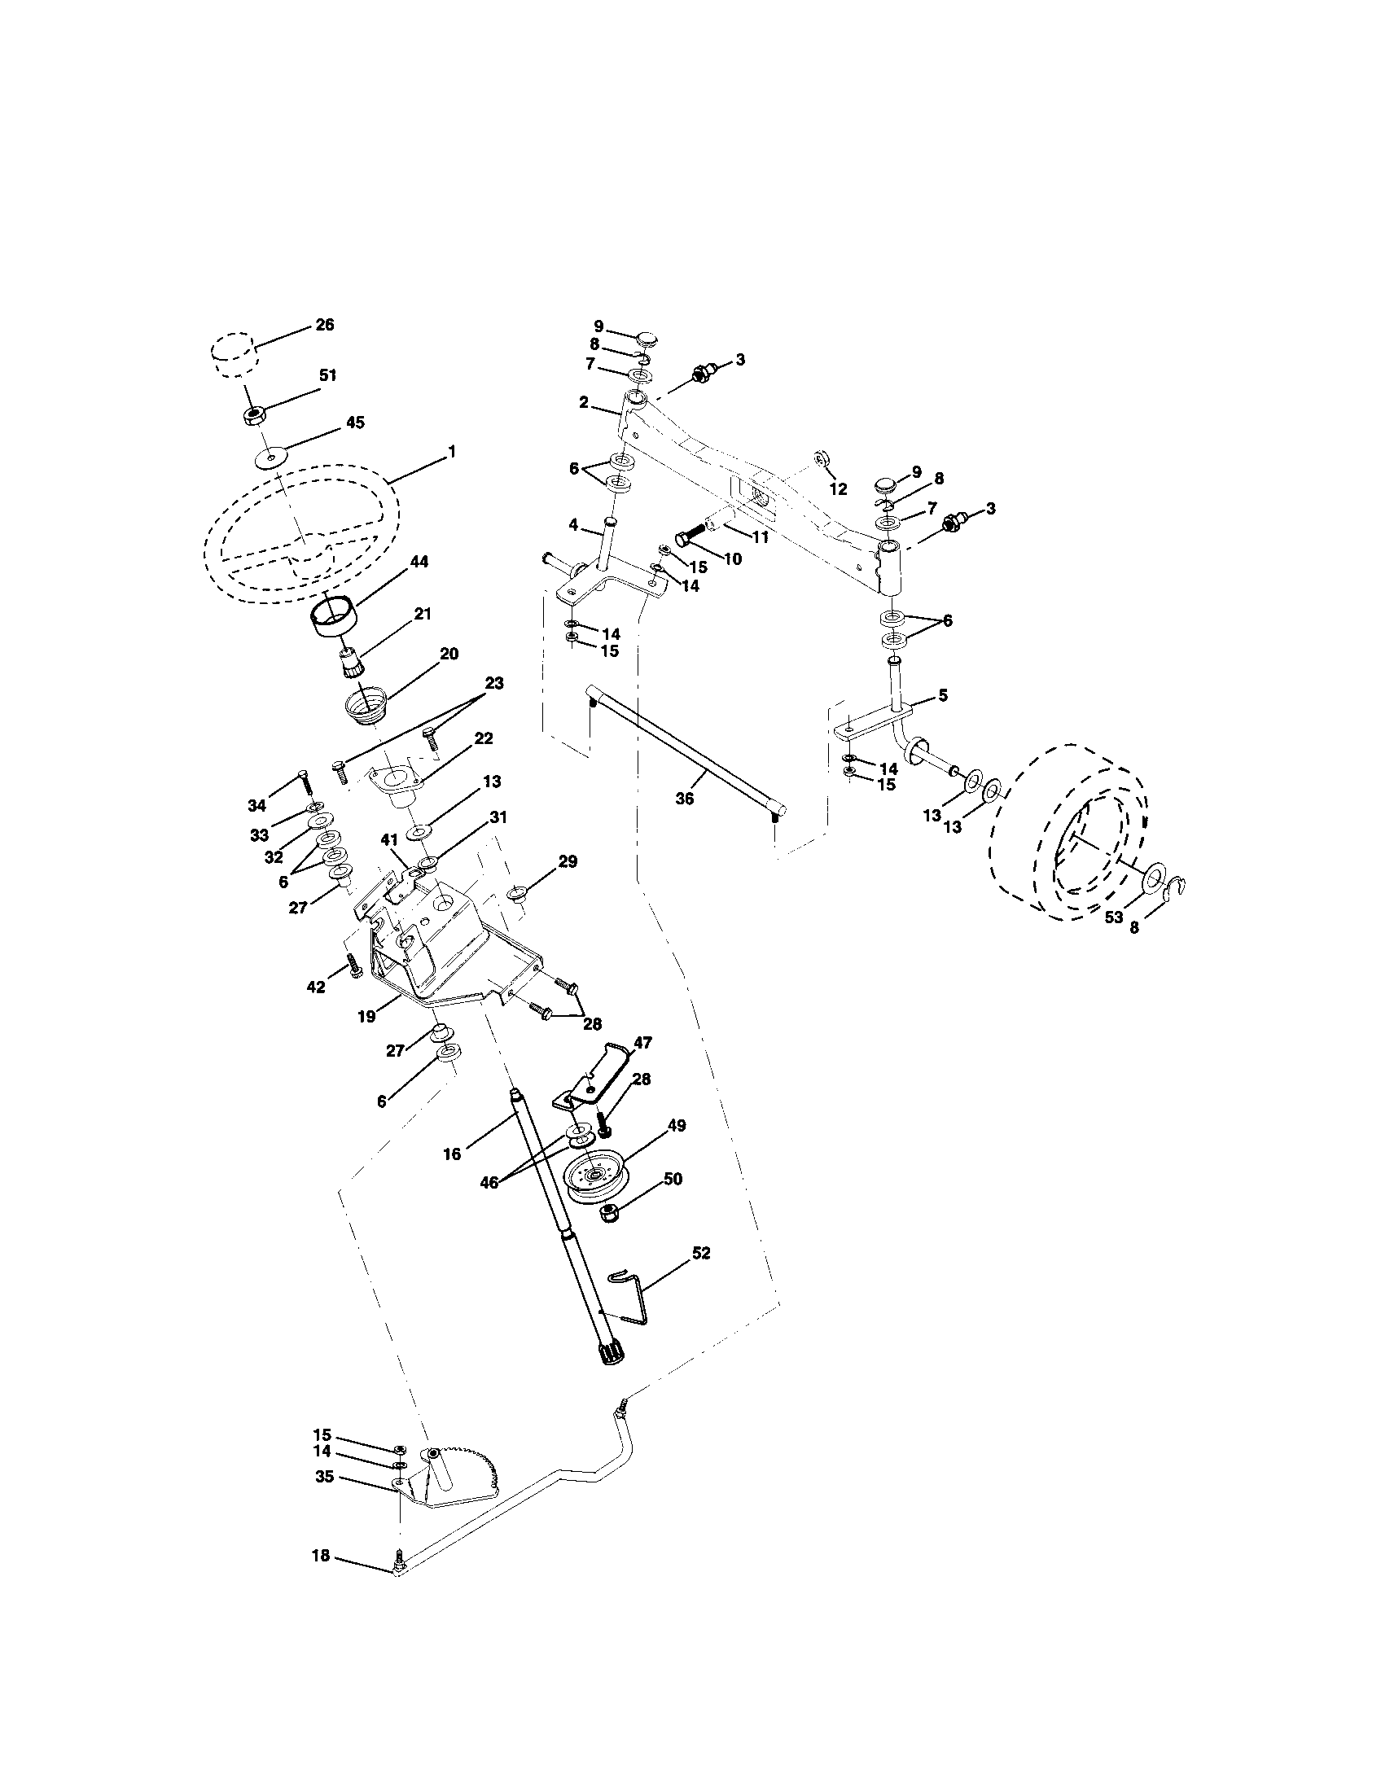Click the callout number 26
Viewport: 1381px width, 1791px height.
point(325,325)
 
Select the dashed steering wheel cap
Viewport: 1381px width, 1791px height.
point(234,353)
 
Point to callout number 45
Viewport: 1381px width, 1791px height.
point(355,423)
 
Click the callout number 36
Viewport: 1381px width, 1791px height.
point(684,798)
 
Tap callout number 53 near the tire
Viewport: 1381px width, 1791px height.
point(1113,917)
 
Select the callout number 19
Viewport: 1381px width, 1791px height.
point(366,1017)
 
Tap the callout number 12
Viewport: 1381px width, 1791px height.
point(837,489)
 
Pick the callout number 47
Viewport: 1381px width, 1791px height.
point(642,1042)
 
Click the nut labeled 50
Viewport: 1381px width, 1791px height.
point(611,1215)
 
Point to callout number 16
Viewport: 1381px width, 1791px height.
point(452,1154)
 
